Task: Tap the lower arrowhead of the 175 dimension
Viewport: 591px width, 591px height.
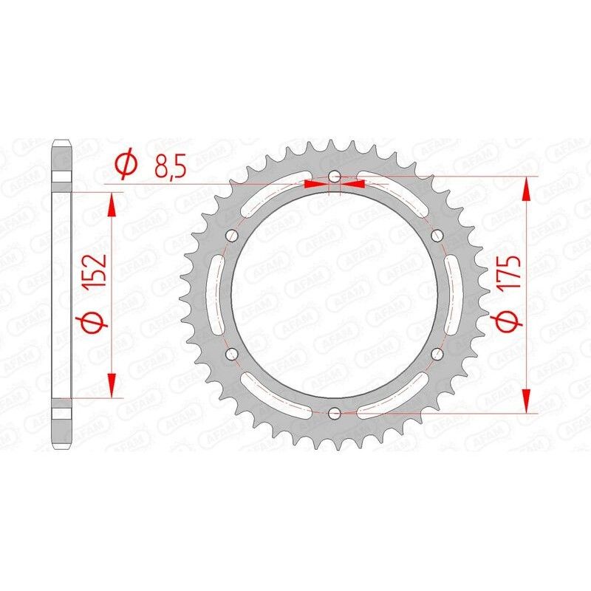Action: (x=526, y=400)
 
